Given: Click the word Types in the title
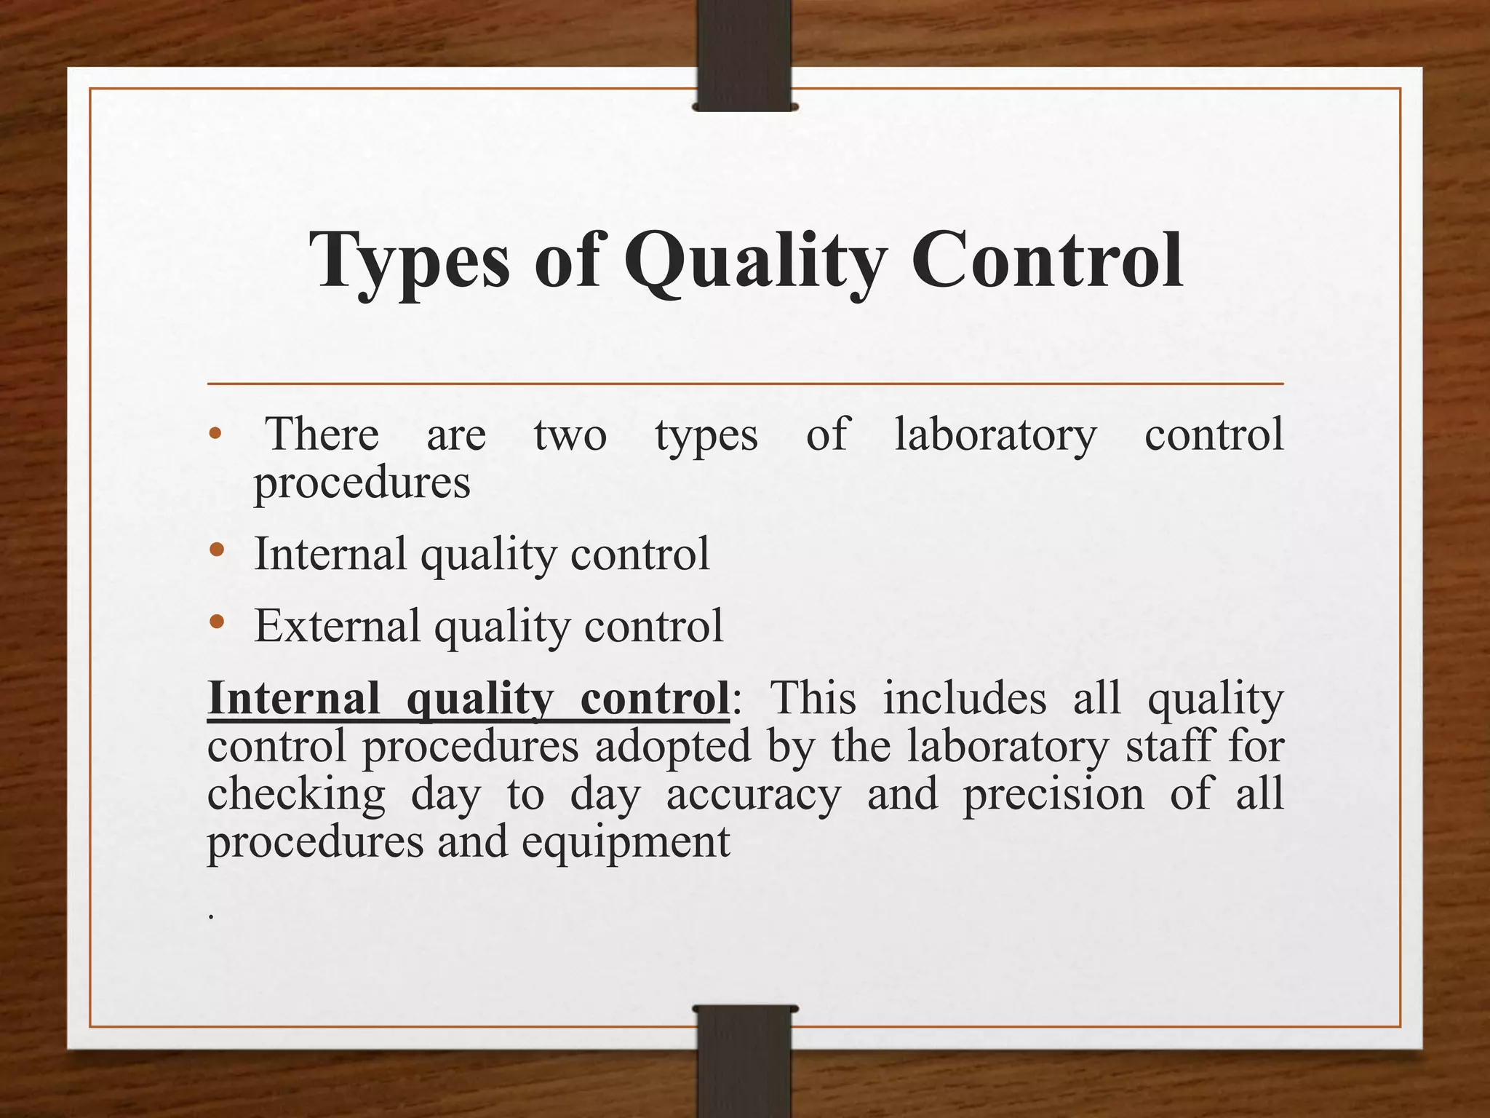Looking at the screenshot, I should coord(410,261).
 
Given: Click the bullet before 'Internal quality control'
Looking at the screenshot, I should coord(216,551).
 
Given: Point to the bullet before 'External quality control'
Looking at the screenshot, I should coord(216,622).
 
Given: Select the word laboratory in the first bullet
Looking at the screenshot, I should coord(995,435).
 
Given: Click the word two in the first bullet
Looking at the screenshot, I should coord(570,435).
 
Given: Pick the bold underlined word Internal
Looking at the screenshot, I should coord(293,698).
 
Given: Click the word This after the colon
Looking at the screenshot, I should coord(813,698).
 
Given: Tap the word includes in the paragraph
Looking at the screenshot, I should coord(964,698).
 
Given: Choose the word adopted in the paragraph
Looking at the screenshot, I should coord(672,747).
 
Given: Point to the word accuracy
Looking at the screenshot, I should coord(753,795).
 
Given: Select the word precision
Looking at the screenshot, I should coord(1053,795).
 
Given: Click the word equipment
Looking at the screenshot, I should coord(626,843).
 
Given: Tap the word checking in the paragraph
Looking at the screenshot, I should coord(296,795).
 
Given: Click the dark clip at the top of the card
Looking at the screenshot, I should coord(744,55).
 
